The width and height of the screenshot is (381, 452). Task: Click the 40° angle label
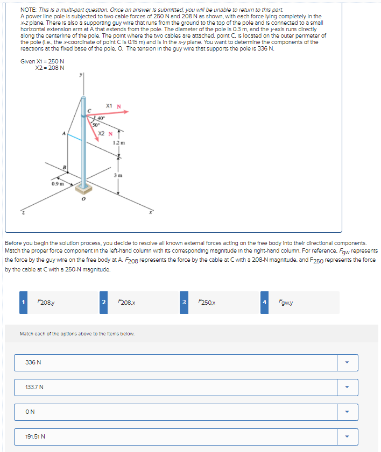click(101, 118)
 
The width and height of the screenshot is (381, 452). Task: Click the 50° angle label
click(96, 124)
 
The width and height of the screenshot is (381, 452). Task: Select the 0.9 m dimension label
click(58, 184)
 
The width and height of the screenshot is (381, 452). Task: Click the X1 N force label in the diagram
click(111, 105)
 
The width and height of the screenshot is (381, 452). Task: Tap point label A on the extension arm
click(63, 133)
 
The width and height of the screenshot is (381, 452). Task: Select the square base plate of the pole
click(83, 189)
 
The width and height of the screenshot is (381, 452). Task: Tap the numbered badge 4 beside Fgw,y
click(264, 303)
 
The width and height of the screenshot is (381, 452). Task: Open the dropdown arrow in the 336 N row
click(347, 362)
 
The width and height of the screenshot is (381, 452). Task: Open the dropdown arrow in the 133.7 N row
click(347, 387)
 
